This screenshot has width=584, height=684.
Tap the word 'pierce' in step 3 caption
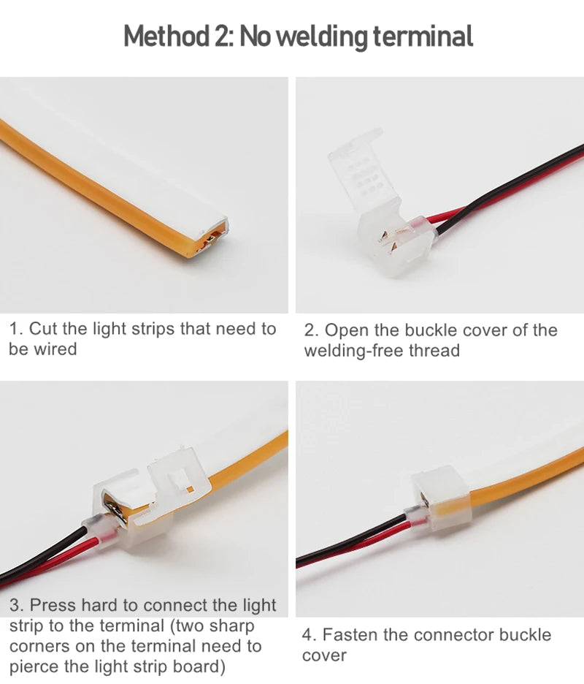pyautogui.click(x=33, y=666)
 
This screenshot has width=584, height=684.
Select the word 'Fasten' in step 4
pyautogui.click(x=349, y=634)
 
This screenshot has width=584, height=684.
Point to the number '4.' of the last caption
pyautogui.click(x=310, y=634)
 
